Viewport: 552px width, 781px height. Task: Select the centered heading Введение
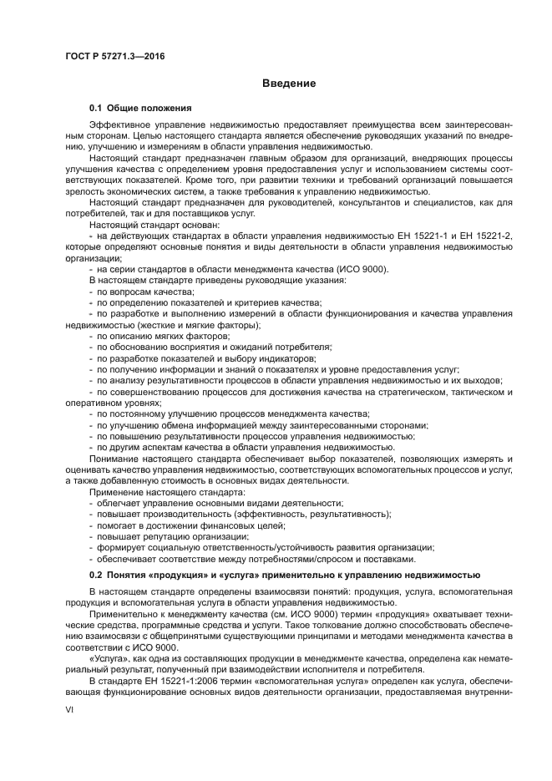point(288,84)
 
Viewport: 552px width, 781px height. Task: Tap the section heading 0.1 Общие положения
point(141,109)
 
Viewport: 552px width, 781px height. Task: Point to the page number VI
point(70,709)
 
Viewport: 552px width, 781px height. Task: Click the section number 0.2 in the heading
point(95,576)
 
